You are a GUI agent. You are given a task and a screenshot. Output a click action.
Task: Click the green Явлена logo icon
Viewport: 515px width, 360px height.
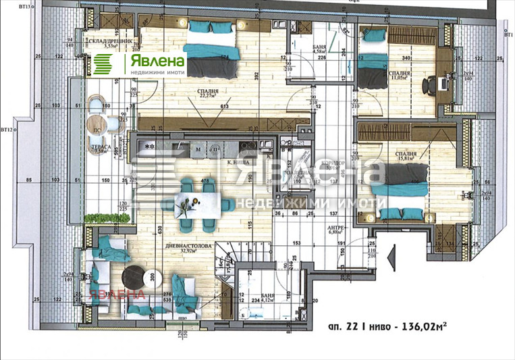(x=103, y=64)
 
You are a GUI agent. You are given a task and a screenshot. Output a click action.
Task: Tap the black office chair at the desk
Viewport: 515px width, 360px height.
(x=429, y=85)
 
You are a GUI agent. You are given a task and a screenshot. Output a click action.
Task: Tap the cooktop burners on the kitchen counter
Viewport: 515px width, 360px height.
(x=148, y=145)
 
